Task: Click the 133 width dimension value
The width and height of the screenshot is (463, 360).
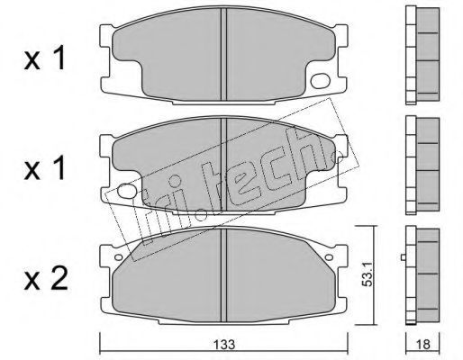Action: click(x=224, y=345)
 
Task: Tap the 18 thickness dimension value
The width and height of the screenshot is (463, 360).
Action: click(x=423, y=345)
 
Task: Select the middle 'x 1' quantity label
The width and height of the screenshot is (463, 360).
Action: click(x=44, y=168)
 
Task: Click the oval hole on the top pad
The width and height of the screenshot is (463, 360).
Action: click(x=321, y=81)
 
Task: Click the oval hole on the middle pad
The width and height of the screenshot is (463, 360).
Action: click(x=126, y=191)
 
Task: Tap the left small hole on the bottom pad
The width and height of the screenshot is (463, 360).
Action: click(x=119, y=257)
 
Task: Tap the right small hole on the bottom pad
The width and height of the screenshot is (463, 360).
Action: click(x=329, y=257)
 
